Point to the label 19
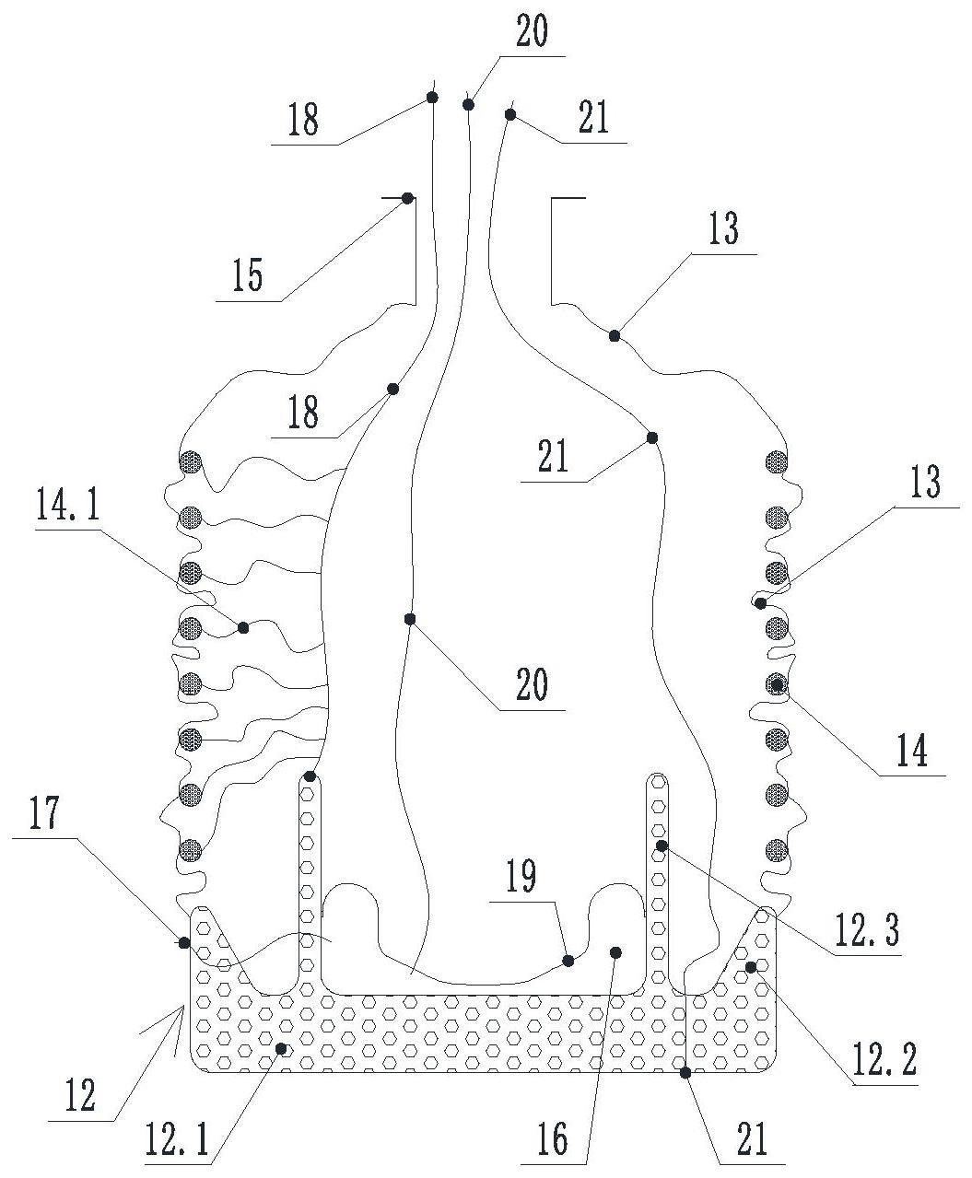coord(521,876)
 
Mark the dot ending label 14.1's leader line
coord(243,628)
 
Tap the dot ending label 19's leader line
coord(568,961)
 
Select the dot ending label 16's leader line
coord(616,951)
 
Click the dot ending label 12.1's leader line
coord(284,1048)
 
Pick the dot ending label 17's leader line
coord(184,942)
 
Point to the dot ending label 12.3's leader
coord(661,846)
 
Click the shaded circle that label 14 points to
coord(778,684)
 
